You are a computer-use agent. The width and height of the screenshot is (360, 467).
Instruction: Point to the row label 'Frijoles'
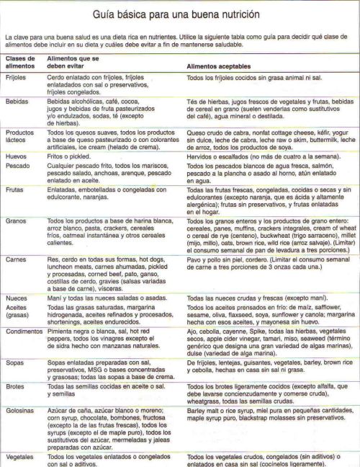point(17,76)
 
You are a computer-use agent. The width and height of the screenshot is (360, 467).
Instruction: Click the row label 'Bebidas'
point(17,102)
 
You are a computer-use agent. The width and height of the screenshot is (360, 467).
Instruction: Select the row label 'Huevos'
point(16,155)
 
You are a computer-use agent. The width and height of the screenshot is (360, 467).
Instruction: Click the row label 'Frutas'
point(15,190)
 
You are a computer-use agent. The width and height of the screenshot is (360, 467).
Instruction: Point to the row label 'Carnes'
point(16,257)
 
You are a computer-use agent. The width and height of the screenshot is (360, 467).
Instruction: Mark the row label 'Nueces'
point(17,297)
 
